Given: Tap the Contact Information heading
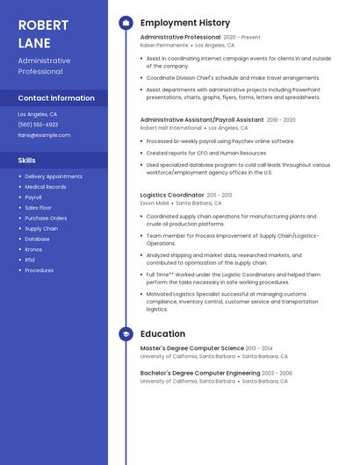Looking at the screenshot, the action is click(56, 98).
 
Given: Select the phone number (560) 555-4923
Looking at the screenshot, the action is click(38, 125).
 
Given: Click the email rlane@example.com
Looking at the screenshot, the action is click(44, 135).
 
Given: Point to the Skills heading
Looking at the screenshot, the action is click(27, 161).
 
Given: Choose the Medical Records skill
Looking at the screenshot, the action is click(46, 187).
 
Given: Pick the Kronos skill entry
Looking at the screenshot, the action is click(33, 249).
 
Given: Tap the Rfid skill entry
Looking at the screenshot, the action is click(30, 260).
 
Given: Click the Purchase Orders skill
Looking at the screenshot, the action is click(46, 218).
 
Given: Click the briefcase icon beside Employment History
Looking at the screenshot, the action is click(126, 23).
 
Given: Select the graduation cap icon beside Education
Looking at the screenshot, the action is click(126, 334).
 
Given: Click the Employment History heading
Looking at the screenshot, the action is click(185, 23).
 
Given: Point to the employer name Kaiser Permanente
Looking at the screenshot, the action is click(164, 45).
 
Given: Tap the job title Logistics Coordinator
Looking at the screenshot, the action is click(172, 195).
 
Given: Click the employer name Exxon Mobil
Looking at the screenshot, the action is click(154, 203).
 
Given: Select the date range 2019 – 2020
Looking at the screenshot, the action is click(281, 119).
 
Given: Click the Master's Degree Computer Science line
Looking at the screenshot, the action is click(193, 348).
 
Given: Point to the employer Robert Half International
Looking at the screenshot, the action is click(170, 127).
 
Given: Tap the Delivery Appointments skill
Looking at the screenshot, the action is click(54, 176).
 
